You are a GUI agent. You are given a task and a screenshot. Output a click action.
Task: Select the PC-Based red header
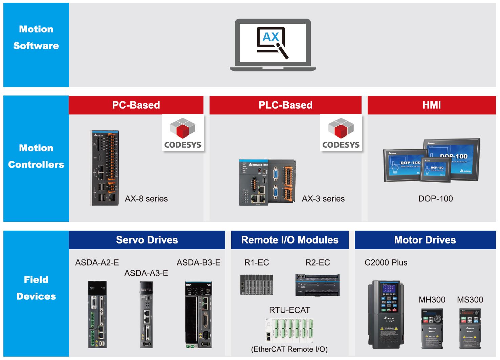[136, 105]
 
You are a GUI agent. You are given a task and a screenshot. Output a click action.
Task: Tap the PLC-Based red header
[285, 105]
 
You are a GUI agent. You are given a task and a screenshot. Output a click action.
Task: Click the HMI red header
[432, 105]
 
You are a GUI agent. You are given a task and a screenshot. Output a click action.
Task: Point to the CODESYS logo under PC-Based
[183, 133]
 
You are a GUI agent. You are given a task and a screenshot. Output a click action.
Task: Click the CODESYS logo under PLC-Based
[341, 133]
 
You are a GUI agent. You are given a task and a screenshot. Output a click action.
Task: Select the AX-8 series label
[146, 199]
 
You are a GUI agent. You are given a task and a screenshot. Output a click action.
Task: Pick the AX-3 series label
[323, 199]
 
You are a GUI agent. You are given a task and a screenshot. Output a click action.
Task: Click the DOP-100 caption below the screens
[436, 199]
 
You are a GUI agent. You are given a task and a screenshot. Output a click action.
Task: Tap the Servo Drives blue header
[147, 240]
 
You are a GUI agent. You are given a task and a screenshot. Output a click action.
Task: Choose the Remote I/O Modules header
[290, 240]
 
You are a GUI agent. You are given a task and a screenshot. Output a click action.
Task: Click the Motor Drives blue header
[425, 240]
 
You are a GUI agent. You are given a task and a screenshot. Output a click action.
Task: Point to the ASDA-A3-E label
[146, 273]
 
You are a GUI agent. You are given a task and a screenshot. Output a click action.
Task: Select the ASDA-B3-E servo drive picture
[199, 315]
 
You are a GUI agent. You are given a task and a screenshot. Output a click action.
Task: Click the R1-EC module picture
[256, 284]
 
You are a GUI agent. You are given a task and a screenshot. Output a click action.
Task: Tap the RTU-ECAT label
[289, 310]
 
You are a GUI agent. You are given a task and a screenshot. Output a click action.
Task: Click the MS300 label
[470, 300]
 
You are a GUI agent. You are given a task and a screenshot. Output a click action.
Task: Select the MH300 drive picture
[432, 328]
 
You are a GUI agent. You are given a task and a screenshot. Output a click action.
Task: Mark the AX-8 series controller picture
[105, 168]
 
